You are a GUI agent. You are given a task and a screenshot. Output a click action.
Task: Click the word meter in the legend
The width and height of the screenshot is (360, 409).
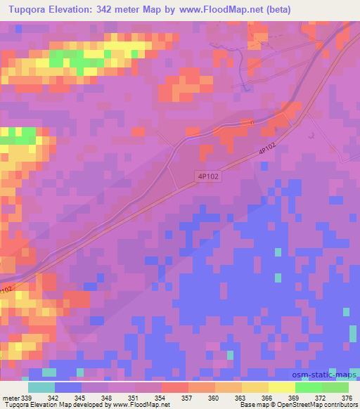[11, 397]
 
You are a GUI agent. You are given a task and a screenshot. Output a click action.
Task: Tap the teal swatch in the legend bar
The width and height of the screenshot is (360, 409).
[41, 387]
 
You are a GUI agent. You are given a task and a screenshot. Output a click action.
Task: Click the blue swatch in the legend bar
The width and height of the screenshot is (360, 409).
[68, 387]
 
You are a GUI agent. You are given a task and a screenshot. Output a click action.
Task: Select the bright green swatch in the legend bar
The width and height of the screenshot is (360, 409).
[309, 387]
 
